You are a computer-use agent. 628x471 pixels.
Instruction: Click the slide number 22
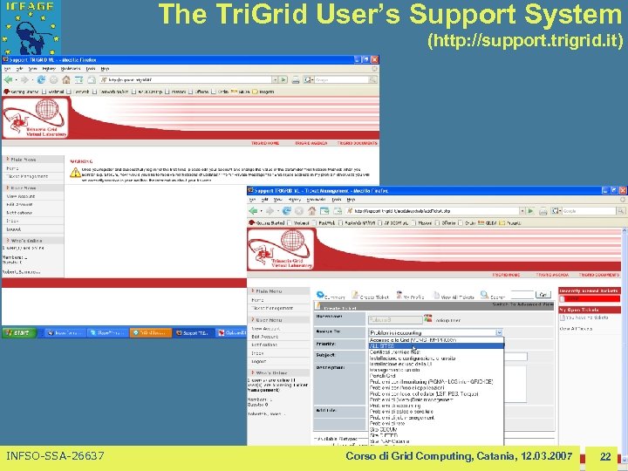click(x=604, y=457)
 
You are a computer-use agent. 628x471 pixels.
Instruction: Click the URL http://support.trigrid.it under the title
click(x=524, y=42)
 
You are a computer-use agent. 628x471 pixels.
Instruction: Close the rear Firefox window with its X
click(x=375, y=59)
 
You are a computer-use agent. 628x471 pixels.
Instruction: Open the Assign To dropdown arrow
click(x=500, y=332)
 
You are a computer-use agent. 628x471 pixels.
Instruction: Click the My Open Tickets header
click(x=587, y=310)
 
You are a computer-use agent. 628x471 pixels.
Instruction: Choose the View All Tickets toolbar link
click(x=467, y=297)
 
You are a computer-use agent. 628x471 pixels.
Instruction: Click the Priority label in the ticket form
click(x=326, y=345)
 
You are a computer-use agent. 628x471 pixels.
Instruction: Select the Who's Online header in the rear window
click(x=26, y=239)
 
